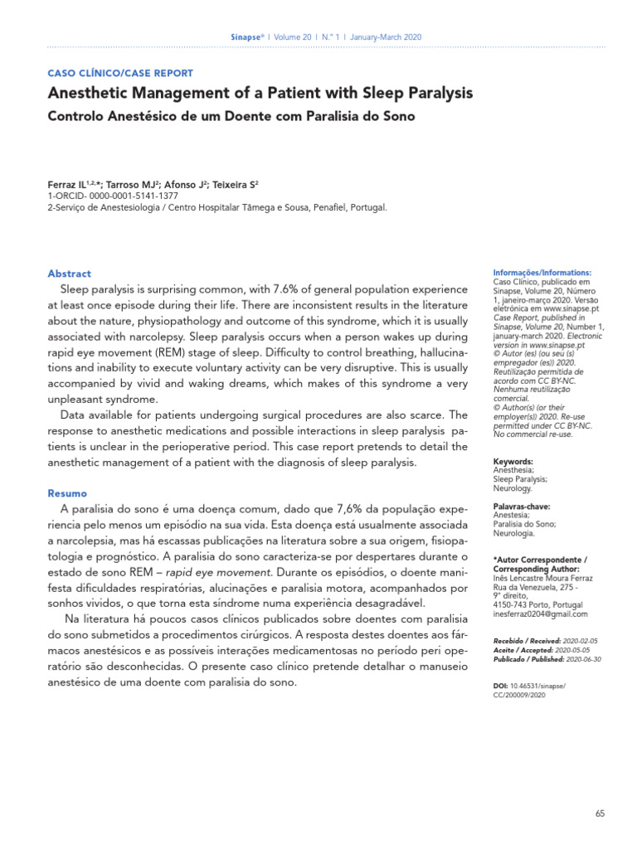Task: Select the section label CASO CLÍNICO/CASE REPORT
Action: click(x=121, y=74)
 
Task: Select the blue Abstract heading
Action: click(x=70, y=274)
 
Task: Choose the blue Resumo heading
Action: click(x=67, y=492)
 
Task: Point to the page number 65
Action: click(x=601, y=814)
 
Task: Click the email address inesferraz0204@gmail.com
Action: click(x=540, y=614)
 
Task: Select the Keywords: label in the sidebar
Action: click(x=513, y=461)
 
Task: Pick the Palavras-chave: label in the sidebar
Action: click(x=522, y=506)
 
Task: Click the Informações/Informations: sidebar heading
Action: click(x=542, y=273)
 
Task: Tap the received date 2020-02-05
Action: click(x=581, y=642)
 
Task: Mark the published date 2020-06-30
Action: click(x=581, y=660)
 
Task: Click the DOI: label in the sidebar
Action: click(x=502, y=687)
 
